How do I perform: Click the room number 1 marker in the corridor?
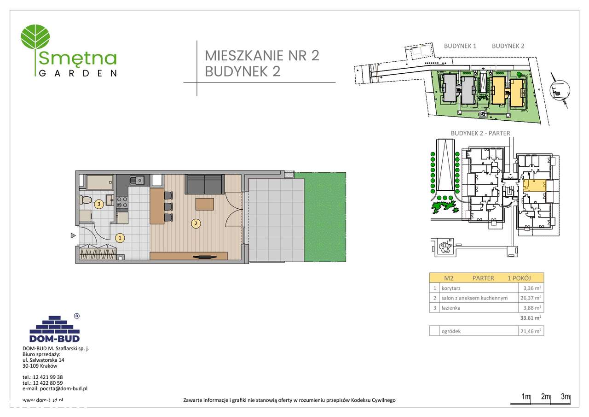[x=120, y=238]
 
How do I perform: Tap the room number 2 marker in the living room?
[x=196, y=224]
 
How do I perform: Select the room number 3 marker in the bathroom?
[x=98, y=203]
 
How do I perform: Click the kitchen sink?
[x=137, y=180]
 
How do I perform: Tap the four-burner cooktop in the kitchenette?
[x=122, y=202]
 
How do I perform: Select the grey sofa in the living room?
[x=204, y=184]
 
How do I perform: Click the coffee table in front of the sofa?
[x=204, y=204]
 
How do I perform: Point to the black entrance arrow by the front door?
[x=73, y=236]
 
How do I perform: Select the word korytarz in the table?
[x=451, y=288]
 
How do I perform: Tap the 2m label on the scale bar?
[x=546, y=397]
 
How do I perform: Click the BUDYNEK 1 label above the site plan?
[x=460, y=46]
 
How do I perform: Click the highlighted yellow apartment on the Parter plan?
[x=534, y=186]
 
